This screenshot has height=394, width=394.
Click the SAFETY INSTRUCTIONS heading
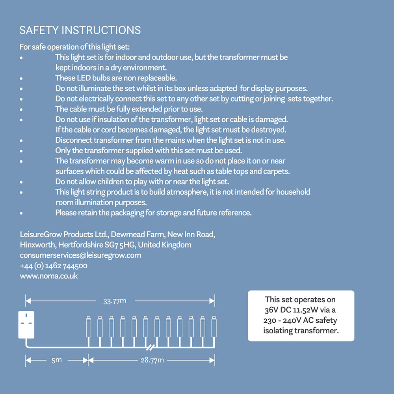80,30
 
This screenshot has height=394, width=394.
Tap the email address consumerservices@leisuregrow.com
80,255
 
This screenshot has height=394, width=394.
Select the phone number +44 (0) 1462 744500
54,266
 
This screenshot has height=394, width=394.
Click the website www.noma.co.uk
49,276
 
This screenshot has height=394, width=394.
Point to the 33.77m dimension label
115,301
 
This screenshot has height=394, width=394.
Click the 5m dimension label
56,360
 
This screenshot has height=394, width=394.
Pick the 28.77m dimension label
152,360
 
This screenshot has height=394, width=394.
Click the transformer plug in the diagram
26,325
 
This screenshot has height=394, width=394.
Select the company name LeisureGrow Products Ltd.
64,235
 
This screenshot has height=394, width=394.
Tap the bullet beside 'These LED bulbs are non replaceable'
21,78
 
